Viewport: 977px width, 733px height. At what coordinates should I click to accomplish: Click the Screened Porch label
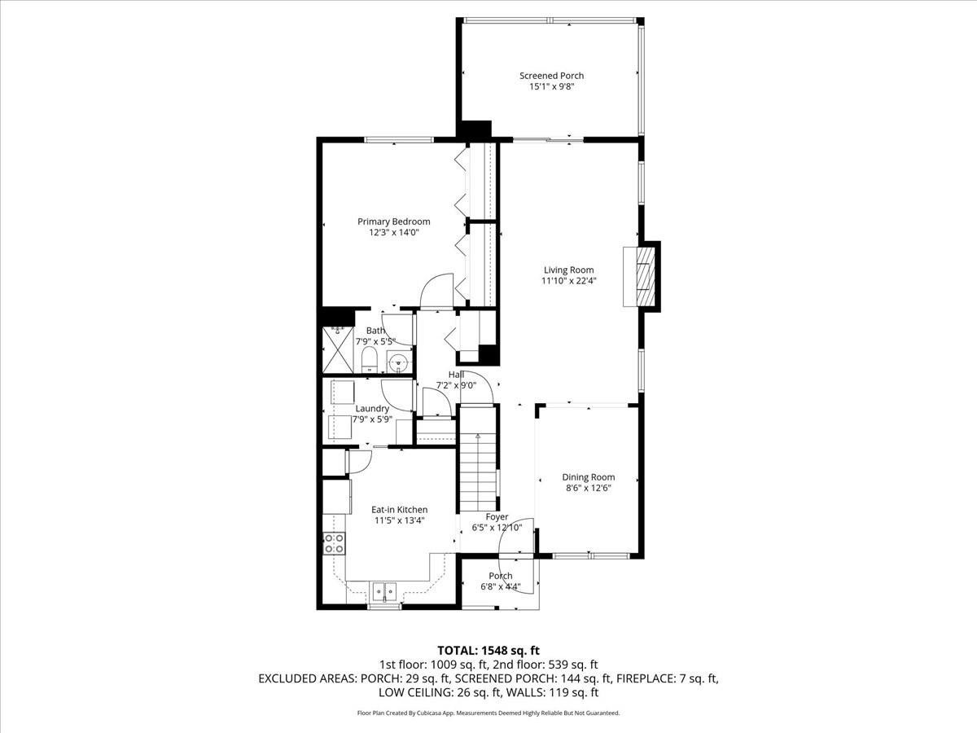click(x=551, y=76)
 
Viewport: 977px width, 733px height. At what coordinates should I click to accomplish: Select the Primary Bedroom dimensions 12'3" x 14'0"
click(x=393, y=233)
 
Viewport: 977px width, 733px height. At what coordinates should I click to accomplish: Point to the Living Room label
click(x=568, y=270)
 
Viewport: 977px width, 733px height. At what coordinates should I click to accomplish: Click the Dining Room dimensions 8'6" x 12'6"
click(x=588, y=489)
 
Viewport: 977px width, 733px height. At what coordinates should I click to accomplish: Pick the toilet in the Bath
click(x=368, y=359)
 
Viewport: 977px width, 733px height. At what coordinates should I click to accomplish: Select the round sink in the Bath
click(x=398, y=362)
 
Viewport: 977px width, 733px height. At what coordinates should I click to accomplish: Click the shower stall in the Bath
click(x=336, y=349)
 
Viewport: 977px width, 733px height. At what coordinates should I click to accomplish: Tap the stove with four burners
click(x=333, y=543)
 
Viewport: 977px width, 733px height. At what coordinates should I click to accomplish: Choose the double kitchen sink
click(x=383, y=590)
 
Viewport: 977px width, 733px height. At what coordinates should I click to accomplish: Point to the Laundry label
click(x=371, y=408)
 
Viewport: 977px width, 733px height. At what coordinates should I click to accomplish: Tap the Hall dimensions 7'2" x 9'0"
click(x=456, y=386)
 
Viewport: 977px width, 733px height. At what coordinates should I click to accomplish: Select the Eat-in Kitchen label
click(x=399, y=510)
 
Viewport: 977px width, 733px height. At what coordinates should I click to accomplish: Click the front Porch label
click(x=501, y=576)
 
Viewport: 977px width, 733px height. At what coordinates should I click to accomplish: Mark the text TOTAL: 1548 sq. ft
click(x=488, y=650)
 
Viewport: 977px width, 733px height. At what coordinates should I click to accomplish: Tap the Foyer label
click(x=497, y=516)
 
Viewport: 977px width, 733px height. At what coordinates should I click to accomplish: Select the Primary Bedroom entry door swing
click(x=435, y=290)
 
